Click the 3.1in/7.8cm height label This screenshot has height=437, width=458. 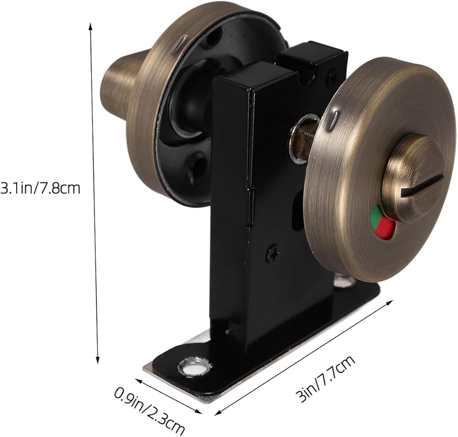pos(40,188)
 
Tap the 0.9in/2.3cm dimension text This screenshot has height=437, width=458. pos(149,410)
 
